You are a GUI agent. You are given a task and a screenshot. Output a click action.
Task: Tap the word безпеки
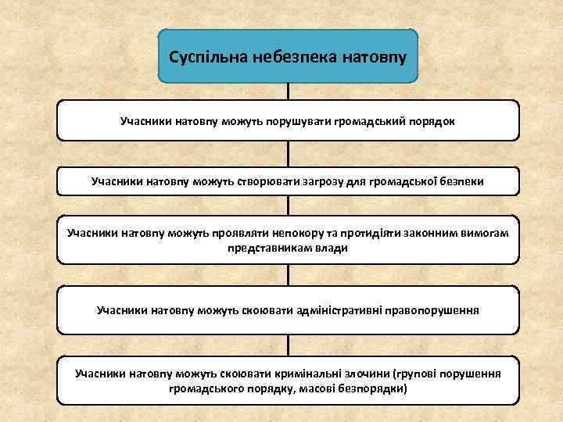click(x=462, y=181)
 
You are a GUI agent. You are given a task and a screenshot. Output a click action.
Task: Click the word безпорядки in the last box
click(x=371, y=388)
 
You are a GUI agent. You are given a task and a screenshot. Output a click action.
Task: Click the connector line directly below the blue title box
click(x=289, y=91)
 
